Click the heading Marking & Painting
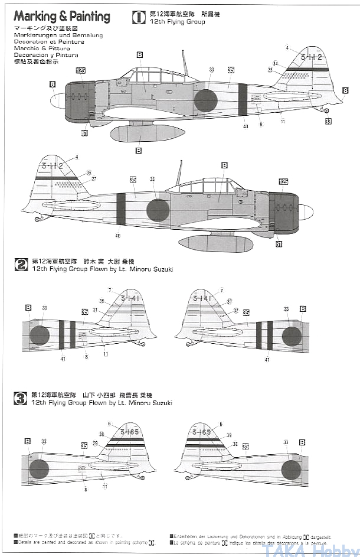tap(61, 17)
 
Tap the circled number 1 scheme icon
tap(139, 18)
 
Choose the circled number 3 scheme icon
tap(21, 398)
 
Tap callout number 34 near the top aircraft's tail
tap(276, 63)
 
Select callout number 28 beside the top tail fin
tap(271, 70)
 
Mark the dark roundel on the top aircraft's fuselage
tap(205, 100)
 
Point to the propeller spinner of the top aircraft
tap(57, 100)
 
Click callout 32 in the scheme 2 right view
tap(235, 310)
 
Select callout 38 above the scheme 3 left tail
tap(102, 434)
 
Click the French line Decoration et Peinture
tap(50, 42)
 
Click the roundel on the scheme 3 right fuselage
tap(292, 470)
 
